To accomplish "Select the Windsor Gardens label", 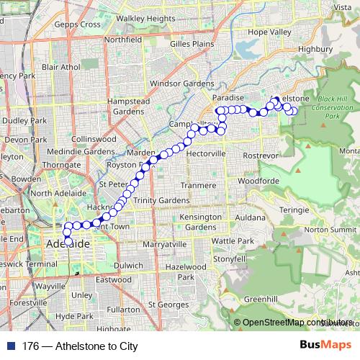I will [176, 83].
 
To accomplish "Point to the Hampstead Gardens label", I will [129, 107].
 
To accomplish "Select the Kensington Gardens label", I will [202, 221].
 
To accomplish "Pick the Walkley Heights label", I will [146, 17].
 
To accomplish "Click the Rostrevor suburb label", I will [261, 155].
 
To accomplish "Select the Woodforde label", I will [258, 181].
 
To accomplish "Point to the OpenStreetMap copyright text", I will [296, 323].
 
